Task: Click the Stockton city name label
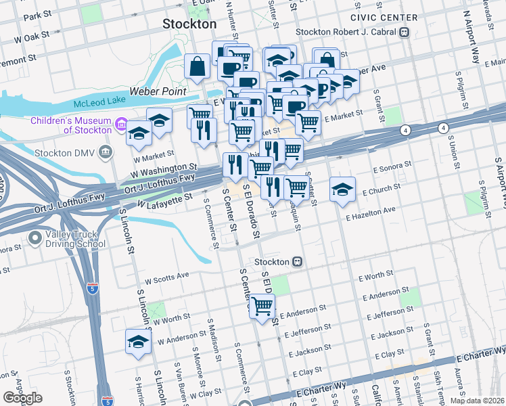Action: tap(189, 24)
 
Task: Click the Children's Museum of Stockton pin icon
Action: tap(122, 125)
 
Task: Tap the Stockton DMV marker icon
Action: tap(105, 152)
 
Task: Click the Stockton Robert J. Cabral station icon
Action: tap(404, 31)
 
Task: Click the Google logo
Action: tap(22, 398)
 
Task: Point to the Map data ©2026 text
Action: tap(476, 401)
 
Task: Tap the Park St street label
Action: tap(37, 14)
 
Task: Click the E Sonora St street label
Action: tap(390, 165)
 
